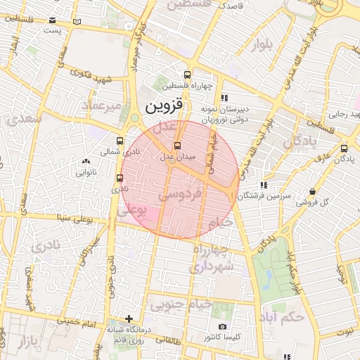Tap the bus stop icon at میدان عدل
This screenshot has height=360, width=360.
tap(176, 146)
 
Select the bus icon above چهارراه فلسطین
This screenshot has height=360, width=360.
tap(186, 75)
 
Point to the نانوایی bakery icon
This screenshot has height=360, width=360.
tap(86, 161)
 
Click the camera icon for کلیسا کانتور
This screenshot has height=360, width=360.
tap(222, 327)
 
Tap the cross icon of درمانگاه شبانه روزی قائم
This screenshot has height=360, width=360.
tap(129, 319)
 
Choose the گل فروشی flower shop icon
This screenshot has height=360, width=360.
tap(312, 191)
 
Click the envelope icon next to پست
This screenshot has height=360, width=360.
tap(76, 22)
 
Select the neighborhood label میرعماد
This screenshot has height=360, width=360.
tap(102, 104)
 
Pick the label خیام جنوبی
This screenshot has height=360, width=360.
tap(172, 306)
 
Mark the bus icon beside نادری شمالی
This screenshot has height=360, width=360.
tap(120, 140)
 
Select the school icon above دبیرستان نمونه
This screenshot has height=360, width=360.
tap(224, 98)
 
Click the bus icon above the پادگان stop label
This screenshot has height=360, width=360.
tap(344, 148)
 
